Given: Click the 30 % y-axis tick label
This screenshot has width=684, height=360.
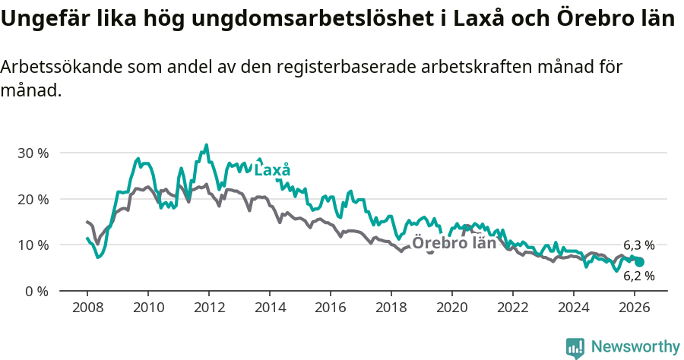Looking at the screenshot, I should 32,153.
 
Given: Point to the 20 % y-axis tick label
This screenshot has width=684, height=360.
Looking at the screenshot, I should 32,199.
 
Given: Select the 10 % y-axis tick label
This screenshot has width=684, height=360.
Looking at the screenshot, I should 32,245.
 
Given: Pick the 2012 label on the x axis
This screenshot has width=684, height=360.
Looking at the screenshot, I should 208,308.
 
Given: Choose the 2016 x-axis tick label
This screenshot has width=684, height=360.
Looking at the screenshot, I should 330,308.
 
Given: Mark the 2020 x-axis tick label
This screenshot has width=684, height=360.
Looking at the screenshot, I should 451,308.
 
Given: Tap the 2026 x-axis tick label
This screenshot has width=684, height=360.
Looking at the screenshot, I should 634,308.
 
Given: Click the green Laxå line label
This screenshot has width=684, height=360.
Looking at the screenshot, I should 272,170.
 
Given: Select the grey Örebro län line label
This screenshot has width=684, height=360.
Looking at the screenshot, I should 454,244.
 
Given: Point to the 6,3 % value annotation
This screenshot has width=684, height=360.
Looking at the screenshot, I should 638,245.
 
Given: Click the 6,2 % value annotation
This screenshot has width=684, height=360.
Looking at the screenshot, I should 638,276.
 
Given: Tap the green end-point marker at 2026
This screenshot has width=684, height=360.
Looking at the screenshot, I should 639,261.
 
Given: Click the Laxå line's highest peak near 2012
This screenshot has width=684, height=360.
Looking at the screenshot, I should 206,145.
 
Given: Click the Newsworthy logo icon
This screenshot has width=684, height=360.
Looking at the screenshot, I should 575,348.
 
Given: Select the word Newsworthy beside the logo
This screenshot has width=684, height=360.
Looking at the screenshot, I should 635,347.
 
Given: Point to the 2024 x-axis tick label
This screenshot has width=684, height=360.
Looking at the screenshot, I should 573,308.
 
